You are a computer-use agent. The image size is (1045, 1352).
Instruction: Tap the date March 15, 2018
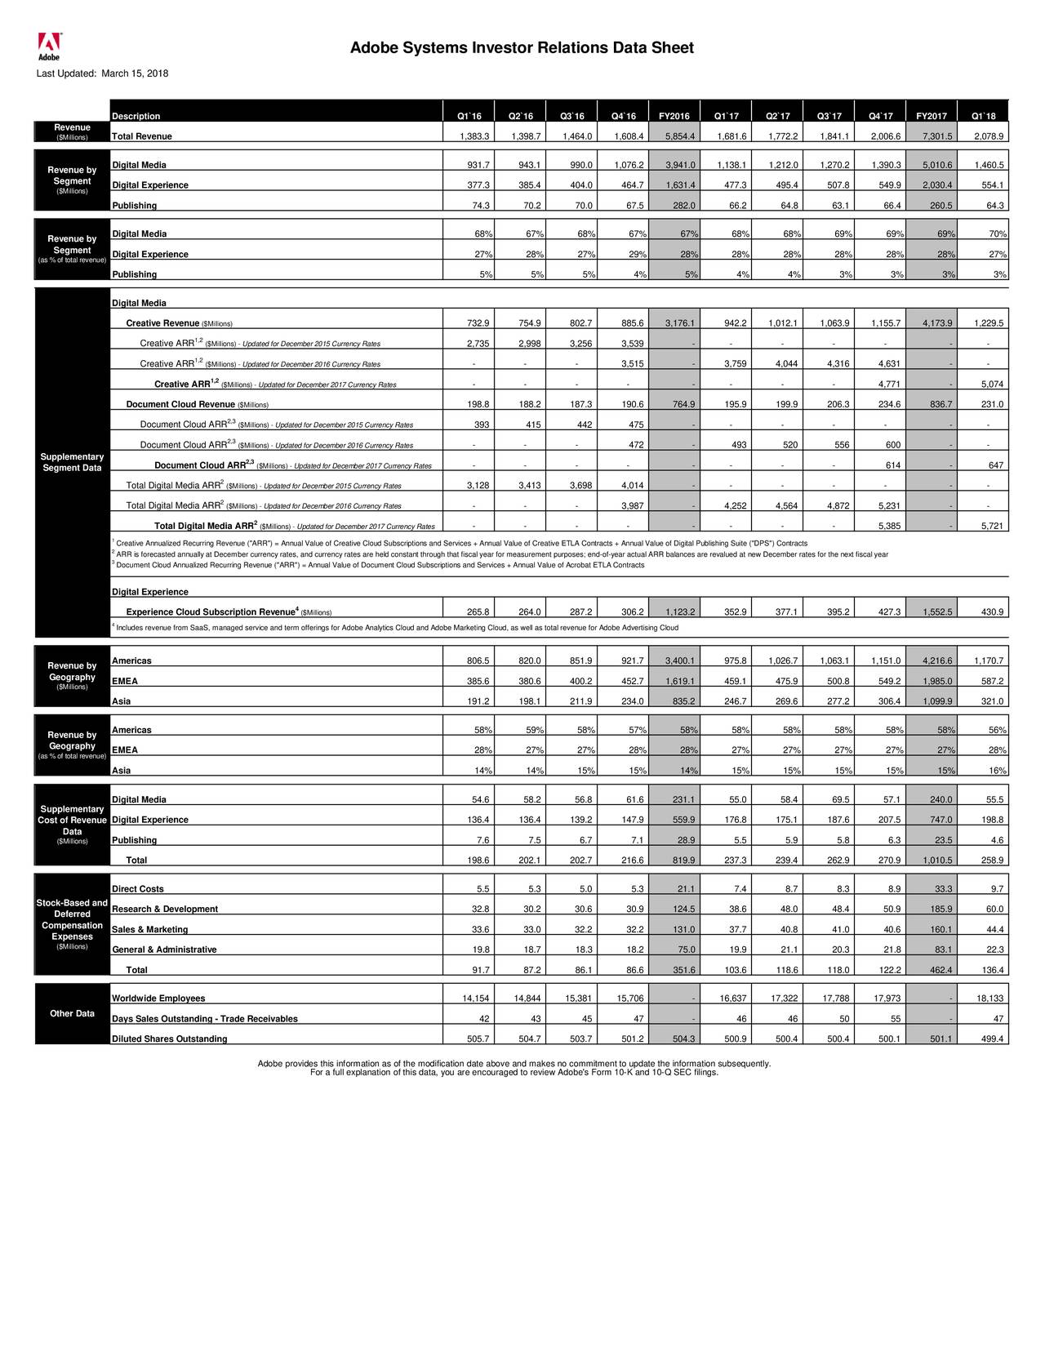[135, 73]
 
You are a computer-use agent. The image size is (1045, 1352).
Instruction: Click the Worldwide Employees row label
[158, 998]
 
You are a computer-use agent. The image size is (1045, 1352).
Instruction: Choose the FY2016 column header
[674, 116]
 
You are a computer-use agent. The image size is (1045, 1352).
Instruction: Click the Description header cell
[136, 116]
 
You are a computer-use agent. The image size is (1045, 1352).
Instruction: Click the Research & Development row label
[164, 909]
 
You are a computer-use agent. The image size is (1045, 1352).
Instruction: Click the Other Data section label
[72, 1014]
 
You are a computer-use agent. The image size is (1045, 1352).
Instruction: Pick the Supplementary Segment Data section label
[72, 462]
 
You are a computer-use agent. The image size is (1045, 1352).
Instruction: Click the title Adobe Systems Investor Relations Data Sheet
[522, 48]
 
